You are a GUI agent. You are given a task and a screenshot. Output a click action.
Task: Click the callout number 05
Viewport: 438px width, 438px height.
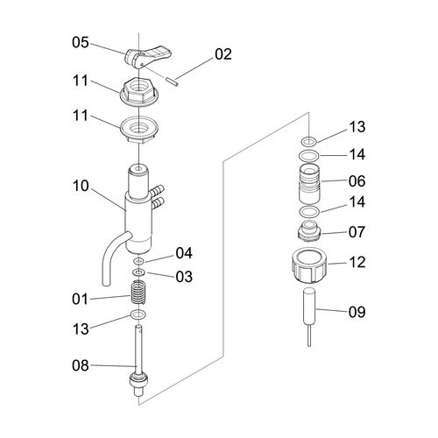81,42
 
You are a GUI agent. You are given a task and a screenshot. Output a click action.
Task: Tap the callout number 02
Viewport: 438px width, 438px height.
223,54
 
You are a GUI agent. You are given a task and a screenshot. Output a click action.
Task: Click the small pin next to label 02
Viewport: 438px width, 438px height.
173,81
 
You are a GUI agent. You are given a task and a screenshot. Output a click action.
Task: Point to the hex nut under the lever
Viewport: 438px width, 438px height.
139,92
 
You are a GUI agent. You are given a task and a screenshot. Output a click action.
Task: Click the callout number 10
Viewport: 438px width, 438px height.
81,186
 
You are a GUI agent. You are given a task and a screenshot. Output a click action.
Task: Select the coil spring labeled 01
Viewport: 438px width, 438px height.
138,293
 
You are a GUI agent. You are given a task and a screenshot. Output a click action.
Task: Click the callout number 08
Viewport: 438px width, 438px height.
81,365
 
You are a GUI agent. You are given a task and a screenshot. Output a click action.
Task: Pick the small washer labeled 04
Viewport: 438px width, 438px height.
138,260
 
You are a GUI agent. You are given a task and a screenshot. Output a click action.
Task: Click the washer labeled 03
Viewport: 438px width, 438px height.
138,272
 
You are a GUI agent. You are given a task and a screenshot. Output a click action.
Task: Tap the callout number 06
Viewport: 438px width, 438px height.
357,181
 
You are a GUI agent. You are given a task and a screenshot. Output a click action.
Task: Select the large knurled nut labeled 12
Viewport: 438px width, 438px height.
309,265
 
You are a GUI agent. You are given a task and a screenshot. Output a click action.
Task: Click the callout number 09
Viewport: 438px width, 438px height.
357,312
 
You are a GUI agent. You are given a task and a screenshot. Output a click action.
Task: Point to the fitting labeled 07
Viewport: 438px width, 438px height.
309,231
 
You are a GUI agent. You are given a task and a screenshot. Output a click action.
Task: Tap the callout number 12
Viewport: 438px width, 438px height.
357,262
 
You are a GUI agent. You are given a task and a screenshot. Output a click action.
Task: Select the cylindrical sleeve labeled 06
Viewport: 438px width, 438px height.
309,183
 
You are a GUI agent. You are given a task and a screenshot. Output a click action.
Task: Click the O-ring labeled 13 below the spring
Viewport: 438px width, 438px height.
138,314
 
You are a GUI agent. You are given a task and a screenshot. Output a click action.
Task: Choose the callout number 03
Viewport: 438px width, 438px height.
184,277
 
